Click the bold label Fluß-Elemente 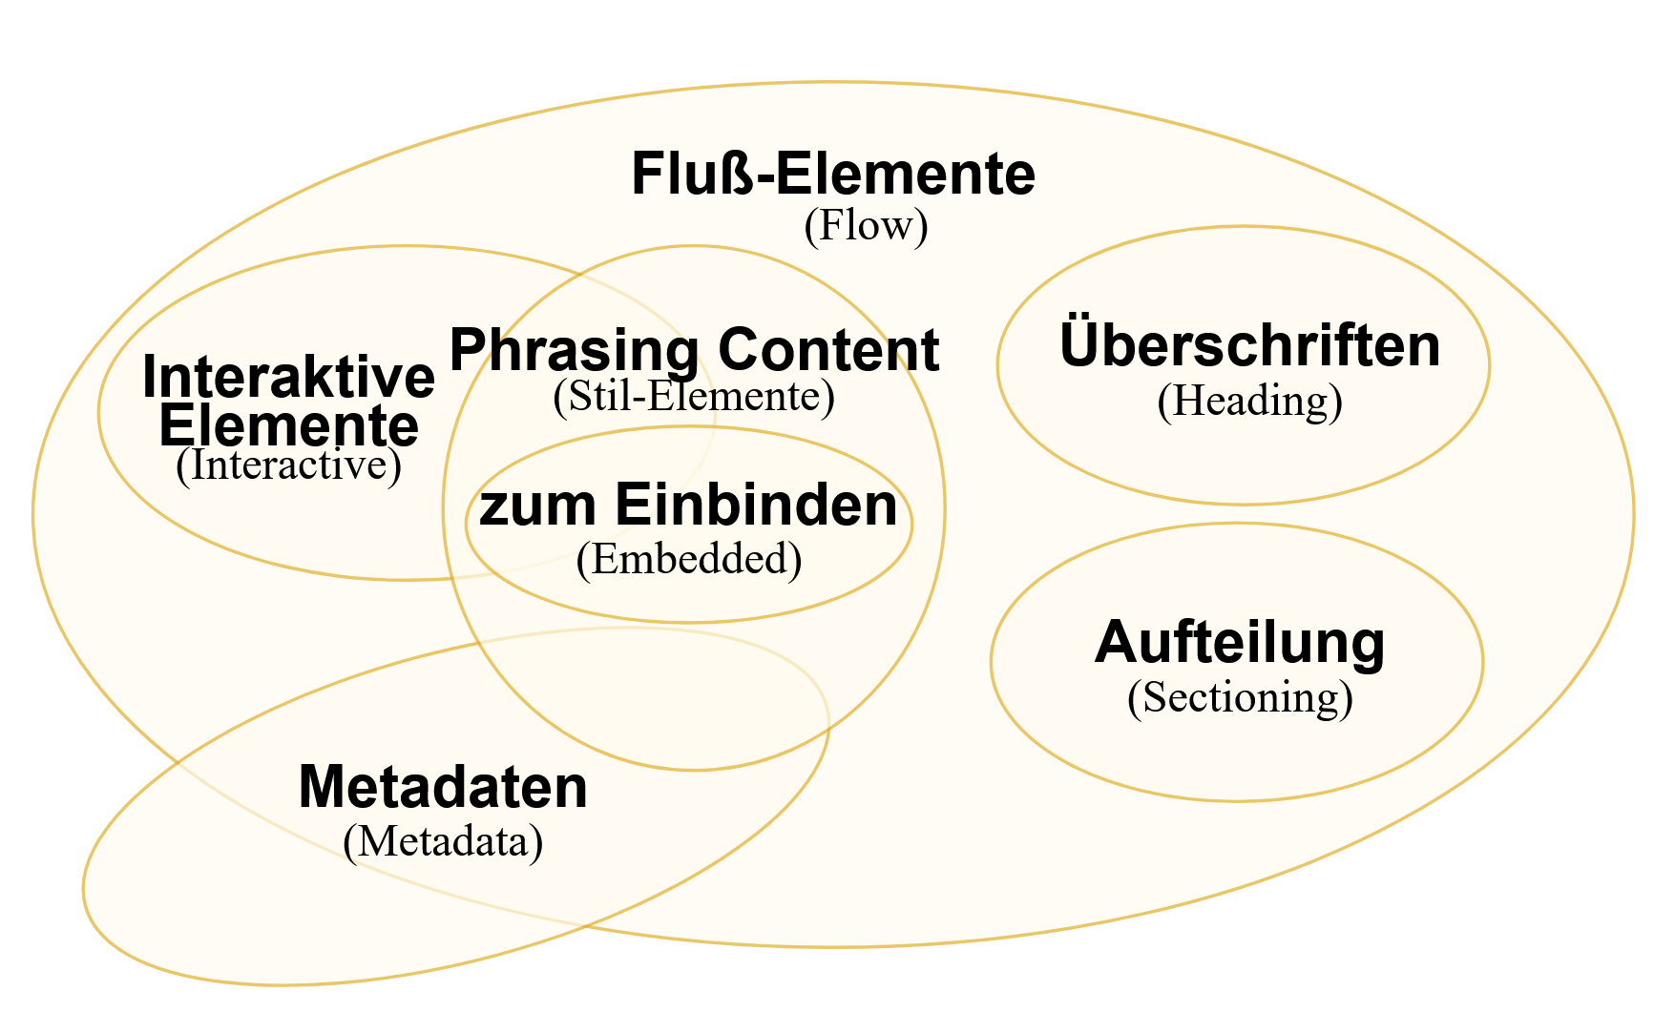click(x=833, y=174)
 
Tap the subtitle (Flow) click(x=866, y=226)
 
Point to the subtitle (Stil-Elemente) click(x=694, y=397)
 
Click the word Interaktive click(x=288, y=377)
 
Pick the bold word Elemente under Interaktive click(x=288, y=425)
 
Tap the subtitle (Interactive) click(x=288, y=465)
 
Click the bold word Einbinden click(x=755, y=504)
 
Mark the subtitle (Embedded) click(x=688, y=559)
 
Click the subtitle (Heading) click(x=1249, y=401)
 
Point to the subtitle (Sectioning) click(x=1240, y=697)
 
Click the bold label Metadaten click(x=443, y=787)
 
